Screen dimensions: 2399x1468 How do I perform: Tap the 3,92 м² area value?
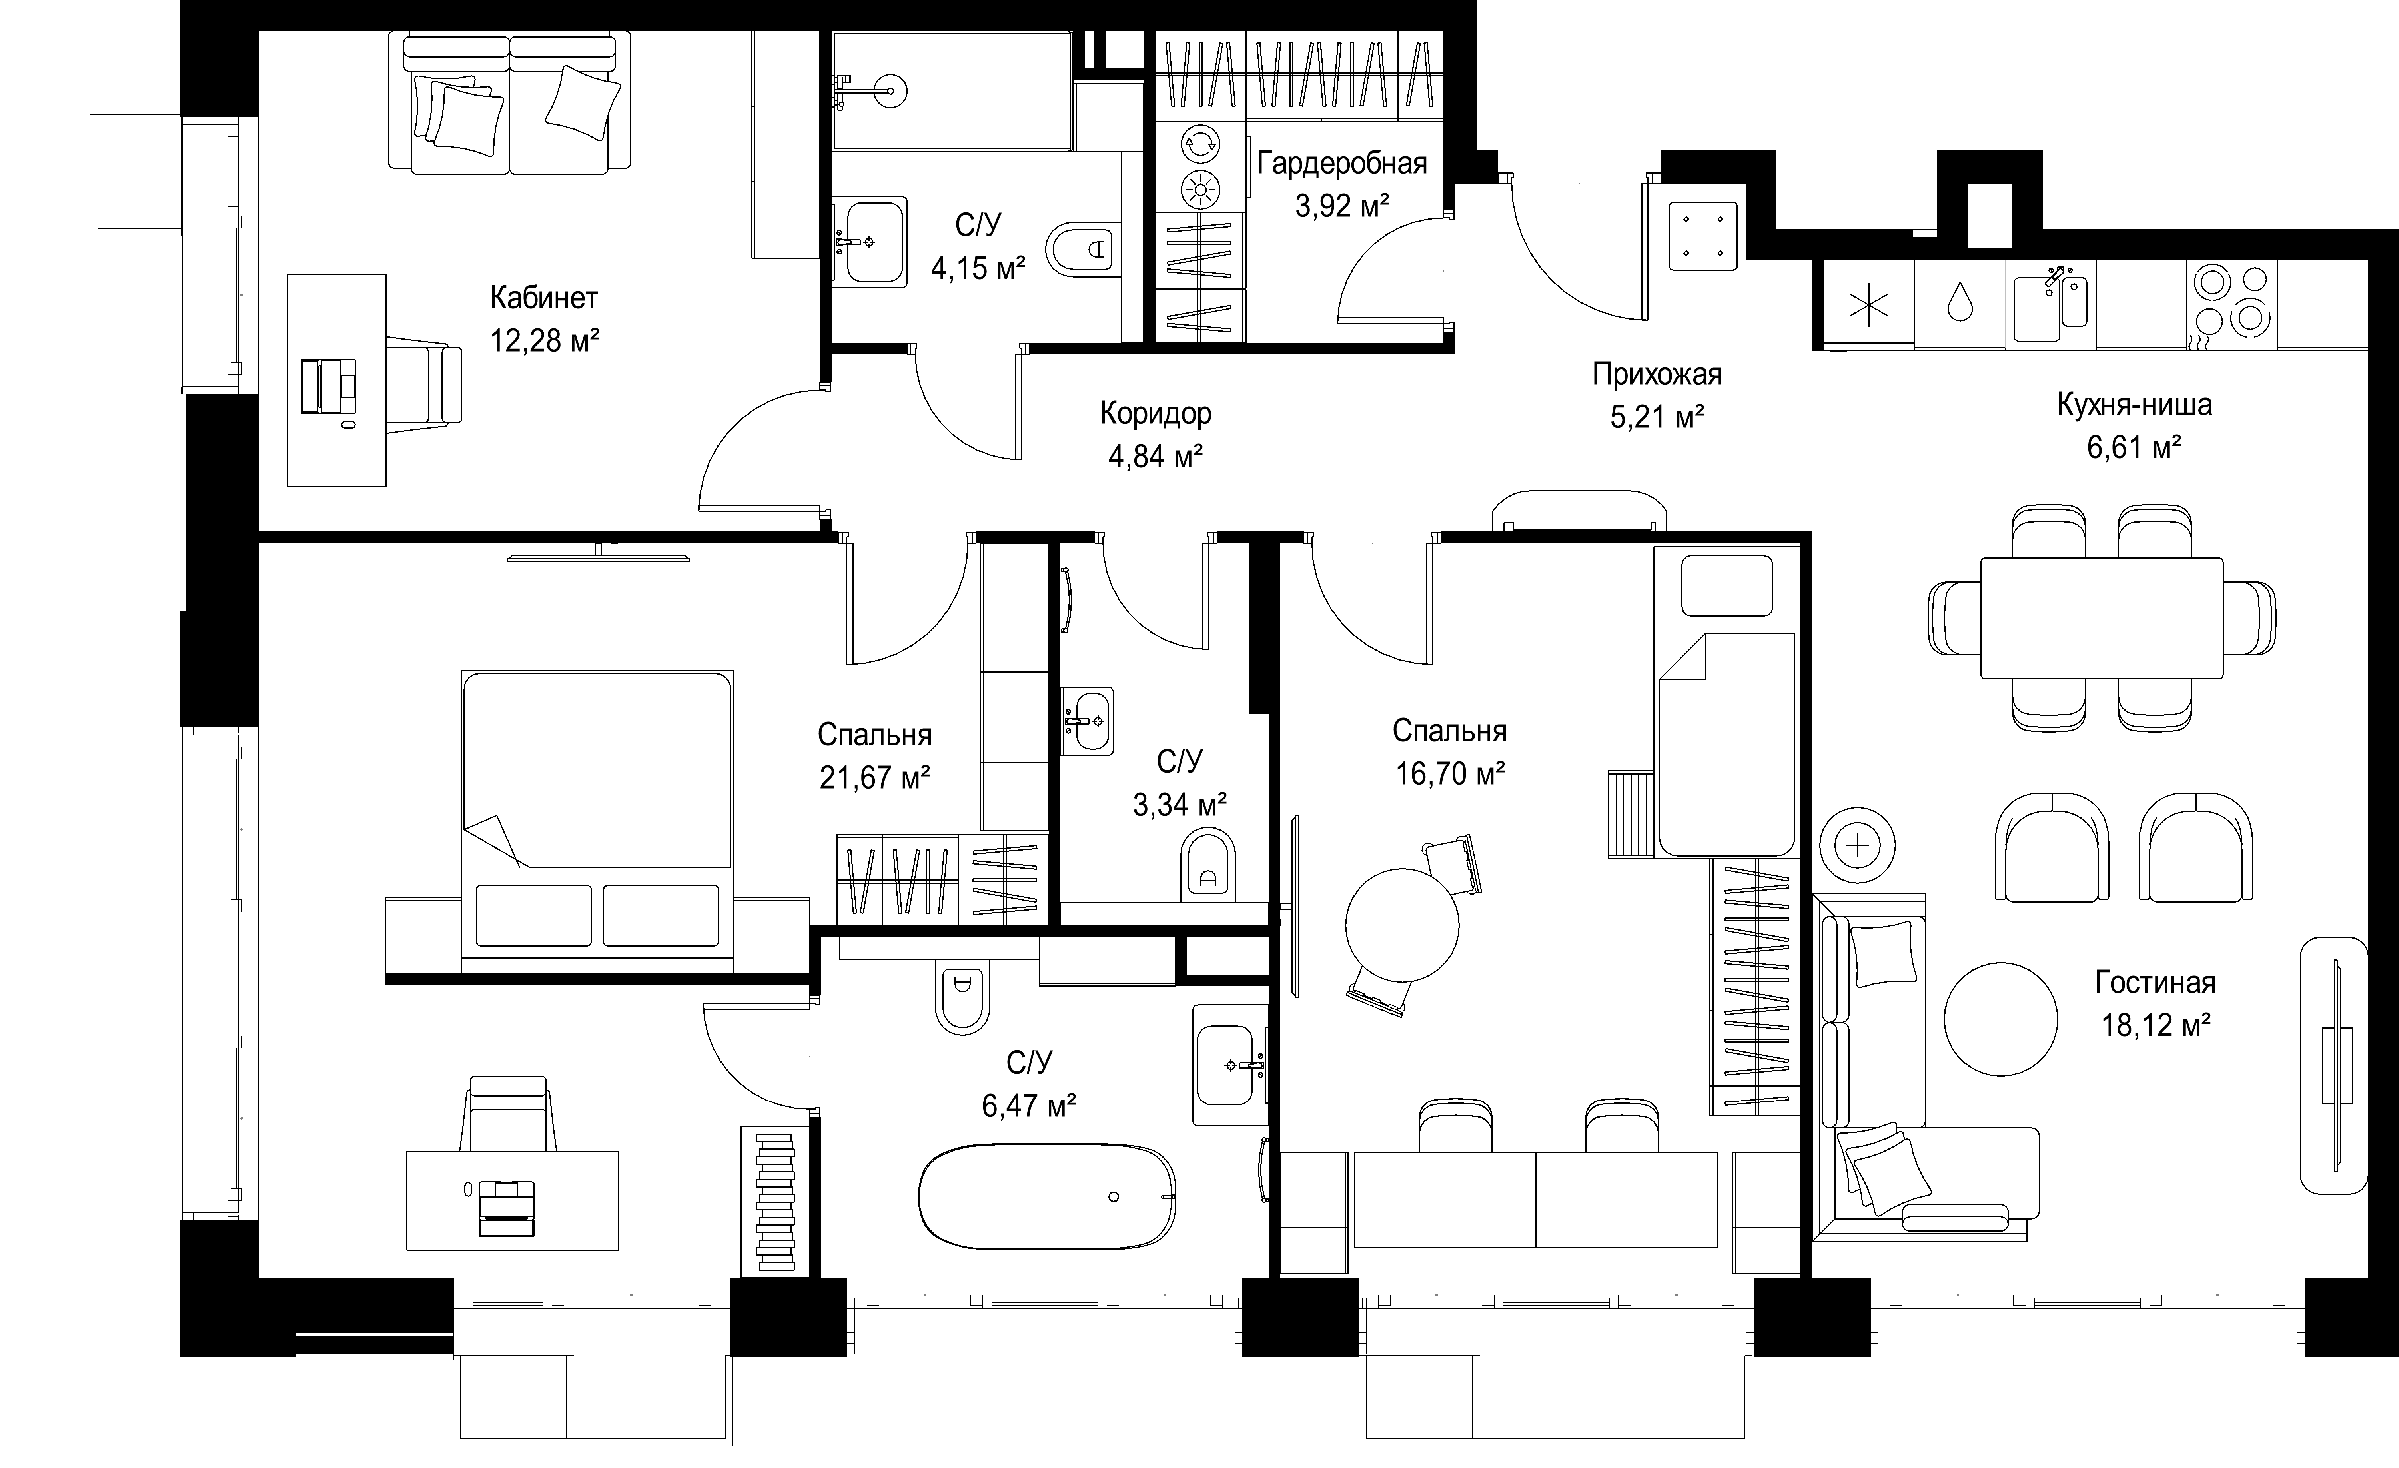click(1342, 206)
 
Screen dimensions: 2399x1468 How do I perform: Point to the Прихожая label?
click(1657, 375)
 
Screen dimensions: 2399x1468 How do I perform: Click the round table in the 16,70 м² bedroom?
click(1402, 925)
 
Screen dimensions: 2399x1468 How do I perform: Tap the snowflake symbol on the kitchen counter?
click(1868, 305)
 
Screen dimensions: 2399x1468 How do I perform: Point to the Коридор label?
click(1156, 414)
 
